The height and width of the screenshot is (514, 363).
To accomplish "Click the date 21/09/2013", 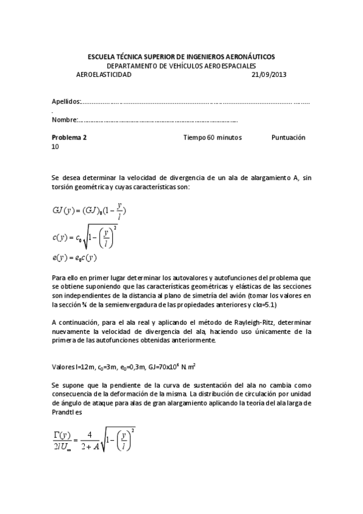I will [268, 75].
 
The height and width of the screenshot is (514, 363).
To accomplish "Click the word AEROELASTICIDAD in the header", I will [104, 75].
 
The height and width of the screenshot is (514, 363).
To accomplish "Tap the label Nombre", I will [64, 120].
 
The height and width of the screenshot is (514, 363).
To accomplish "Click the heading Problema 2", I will [69, 138].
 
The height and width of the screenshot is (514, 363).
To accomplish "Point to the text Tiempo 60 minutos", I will [212, 138].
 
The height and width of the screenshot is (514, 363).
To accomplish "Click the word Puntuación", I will [288, 138].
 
